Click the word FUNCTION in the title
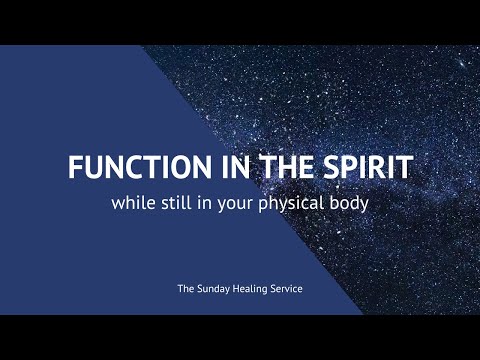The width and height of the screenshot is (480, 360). tap(128, 167)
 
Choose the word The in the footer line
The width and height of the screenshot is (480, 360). tap(186, 289)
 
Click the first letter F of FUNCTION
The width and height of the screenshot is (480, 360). tap(75, 167)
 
